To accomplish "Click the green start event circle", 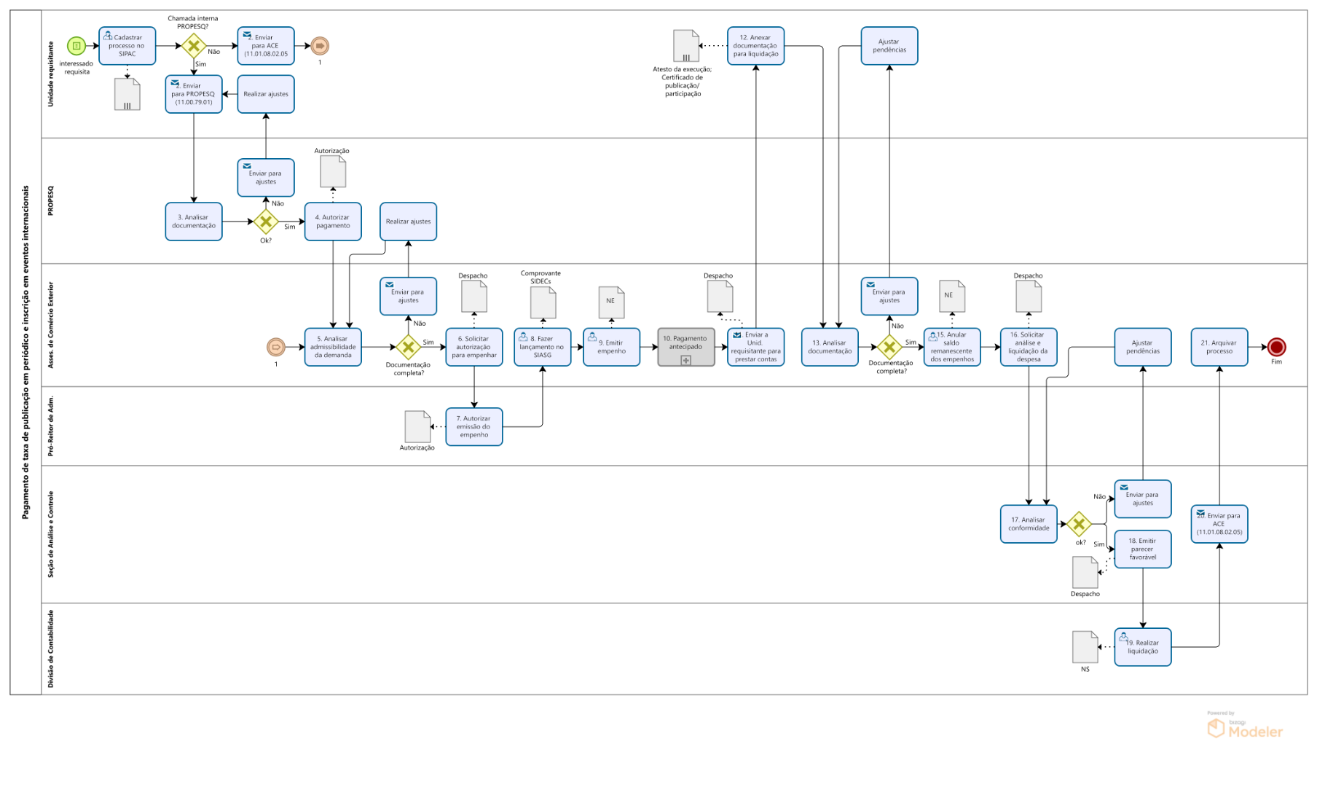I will point(76,46).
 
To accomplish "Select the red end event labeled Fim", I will point(1276,348).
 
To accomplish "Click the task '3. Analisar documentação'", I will point(194,222).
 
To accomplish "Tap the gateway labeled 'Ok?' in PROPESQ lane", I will point(266,222).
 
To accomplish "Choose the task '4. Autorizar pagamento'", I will point(333,222).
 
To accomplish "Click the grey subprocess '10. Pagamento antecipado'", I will point(685,347).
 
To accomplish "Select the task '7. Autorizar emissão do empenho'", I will point(474,426).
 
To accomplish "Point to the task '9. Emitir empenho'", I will point(611,347).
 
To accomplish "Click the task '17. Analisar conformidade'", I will point(1029,524).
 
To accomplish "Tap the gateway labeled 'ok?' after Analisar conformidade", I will point(1079,523).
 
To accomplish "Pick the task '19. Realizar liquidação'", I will point(1142,647).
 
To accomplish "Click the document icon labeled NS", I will point(1085,646).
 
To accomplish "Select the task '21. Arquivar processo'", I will point(1219,347).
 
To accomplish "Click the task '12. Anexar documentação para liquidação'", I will point(755,46).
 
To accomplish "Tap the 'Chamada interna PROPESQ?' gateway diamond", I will point(194,46).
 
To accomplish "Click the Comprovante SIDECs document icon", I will point(543,302).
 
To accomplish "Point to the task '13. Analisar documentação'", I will point(830,347).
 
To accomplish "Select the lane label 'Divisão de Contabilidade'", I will point(51,649).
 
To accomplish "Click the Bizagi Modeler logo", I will point(1245,727).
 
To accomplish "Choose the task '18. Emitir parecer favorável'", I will point(1142,549).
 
